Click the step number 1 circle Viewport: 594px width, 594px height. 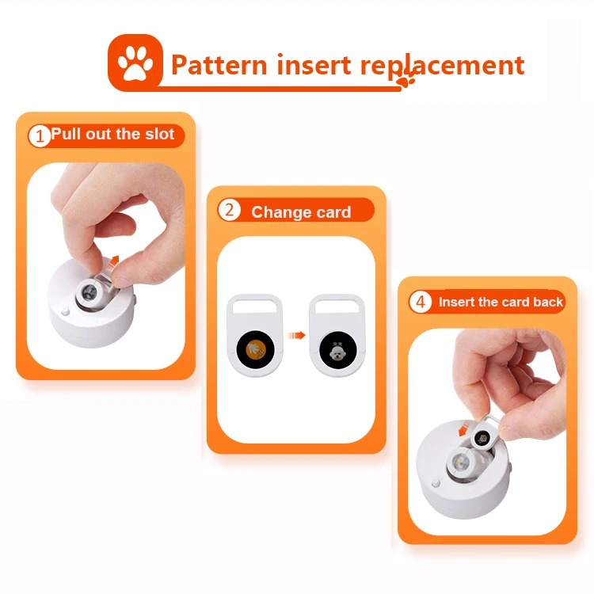click(x=39, y=135)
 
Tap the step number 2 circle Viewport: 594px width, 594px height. click(x=229, y=211)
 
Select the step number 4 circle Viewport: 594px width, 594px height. click(x=420, y=303)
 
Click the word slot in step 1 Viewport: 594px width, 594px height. click(x=159, y=135)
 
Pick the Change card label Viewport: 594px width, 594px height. click(x=301, y=212)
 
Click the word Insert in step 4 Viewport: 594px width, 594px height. click(x=457, y=303)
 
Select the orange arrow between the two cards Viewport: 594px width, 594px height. click(x=297, y=335)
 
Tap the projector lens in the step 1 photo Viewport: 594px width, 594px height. click(x=88, y=295)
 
